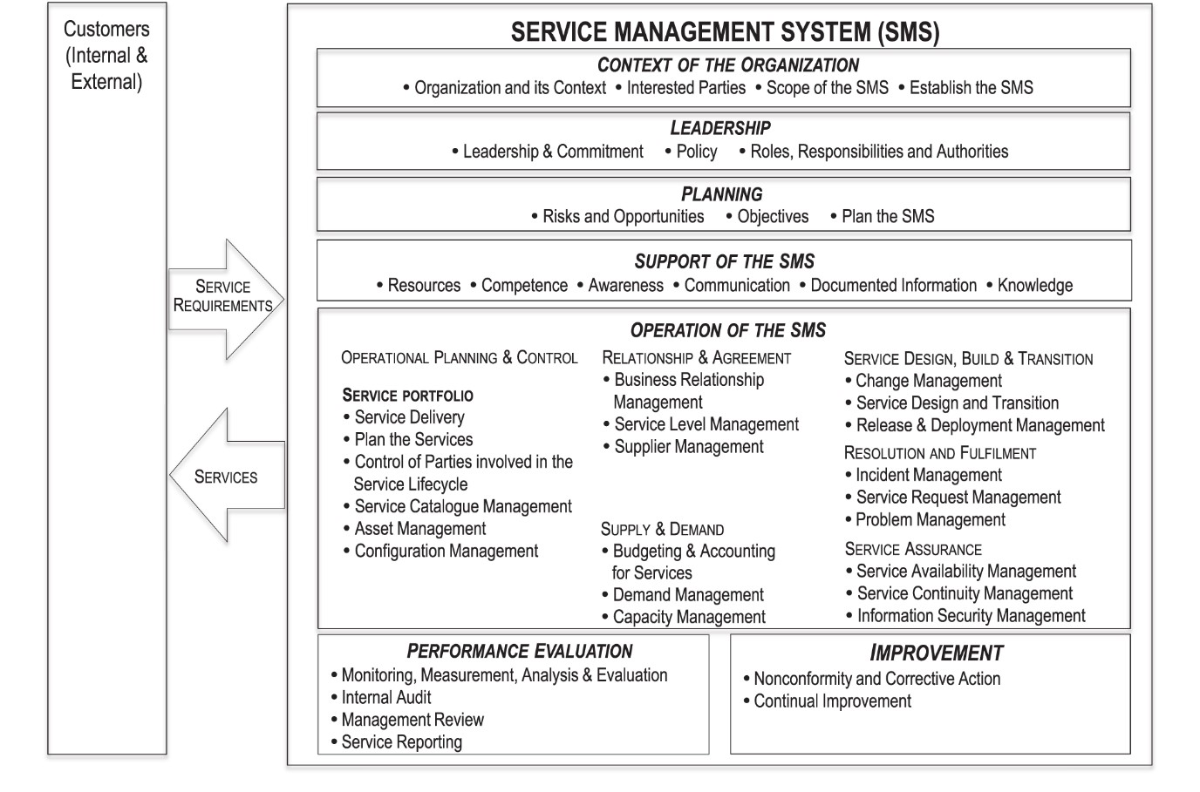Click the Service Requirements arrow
click(x=224, y=297)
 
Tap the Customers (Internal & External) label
click(x=106, y=55)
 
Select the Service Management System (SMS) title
click(x=725, y=32)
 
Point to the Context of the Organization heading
click(x=727, y=65)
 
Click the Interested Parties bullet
click(x=685, y=88)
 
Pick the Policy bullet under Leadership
click(x=696, y=152)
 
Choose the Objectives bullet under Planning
click(x=772, y=217)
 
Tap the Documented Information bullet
click(x=892, y=286)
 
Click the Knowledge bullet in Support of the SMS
click(x=1034, y=286)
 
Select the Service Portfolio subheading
click(x=407, y=396)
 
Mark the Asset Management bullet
click(x=419, y=529)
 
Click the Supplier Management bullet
click(x=688, y=447)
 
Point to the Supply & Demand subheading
click(x=662, y=530)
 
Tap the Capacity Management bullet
click(x=688, y=618)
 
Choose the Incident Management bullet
click(x=928, y=476)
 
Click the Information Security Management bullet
click(x=970, y=616)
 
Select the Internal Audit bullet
click(x=385, y=698)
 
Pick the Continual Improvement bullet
click(x=832, y=701)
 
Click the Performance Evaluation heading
click(x=519, y=652)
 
